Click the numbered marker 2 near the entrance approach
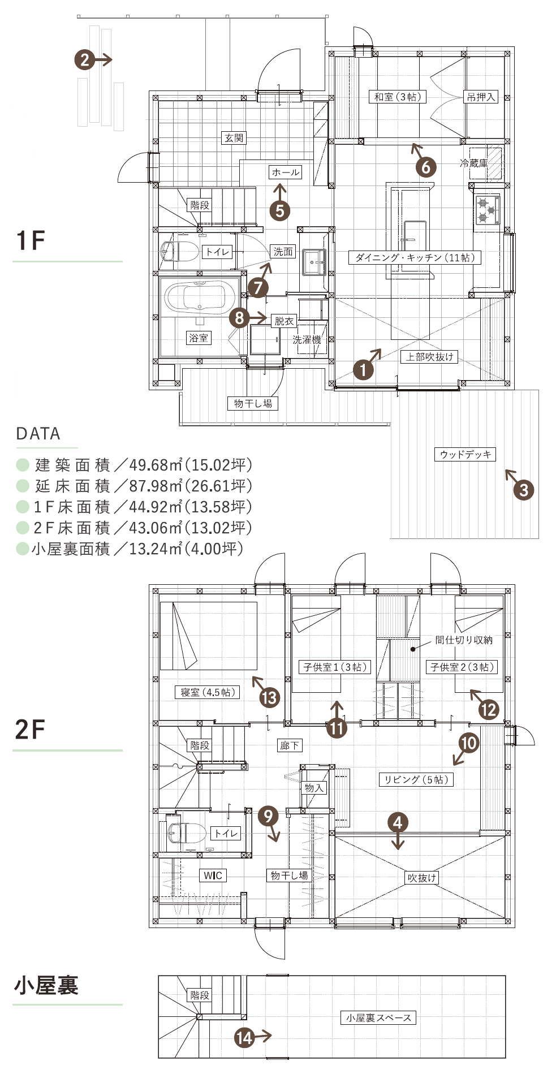click(x=84, y=59)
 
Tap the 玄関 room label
click(x=234, y=137)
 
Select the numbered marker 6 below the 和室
click(x=426, y=166)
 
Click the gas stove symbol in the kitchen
click(x=487, y=210)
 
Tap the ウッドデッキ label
click(x=466, y=454)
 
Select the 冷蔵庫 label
click(x=473, y=163)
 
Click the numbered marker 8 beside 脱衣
click(x=239, y=318)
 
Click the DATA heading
click(x=38, y=434)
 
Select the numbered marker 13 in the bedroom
click(x=270, y=697)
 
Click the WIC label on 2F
click(x=213, y=875)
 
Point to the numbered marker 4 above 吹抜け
click(x=398, y=822)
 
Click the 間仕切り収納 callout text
click(x=464, y=640)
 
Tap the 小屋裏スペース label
click(x=378, y=1017)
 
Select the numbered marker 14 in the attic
click(x=244, y=1037)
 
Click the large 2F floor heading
click(x=30, y=729)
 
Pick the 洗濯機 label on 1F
click(x=307, y=339)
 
